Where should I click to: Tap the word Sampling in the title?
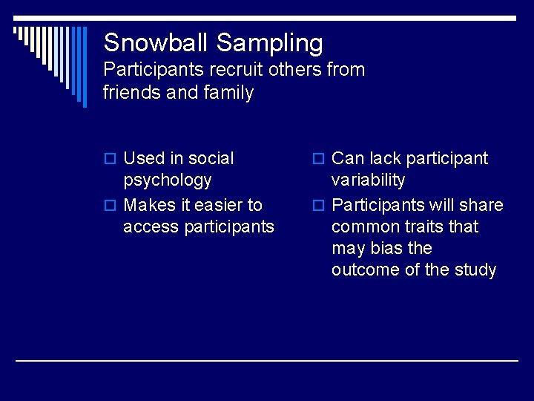[x=270, y=44]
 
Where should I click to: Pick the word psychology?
[x=168, y=180]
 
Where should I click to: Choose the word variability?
[x=368, y=180]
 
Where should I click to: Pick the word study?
[x=475, y=270]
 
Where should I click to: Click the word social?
[x=211, y=158]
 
